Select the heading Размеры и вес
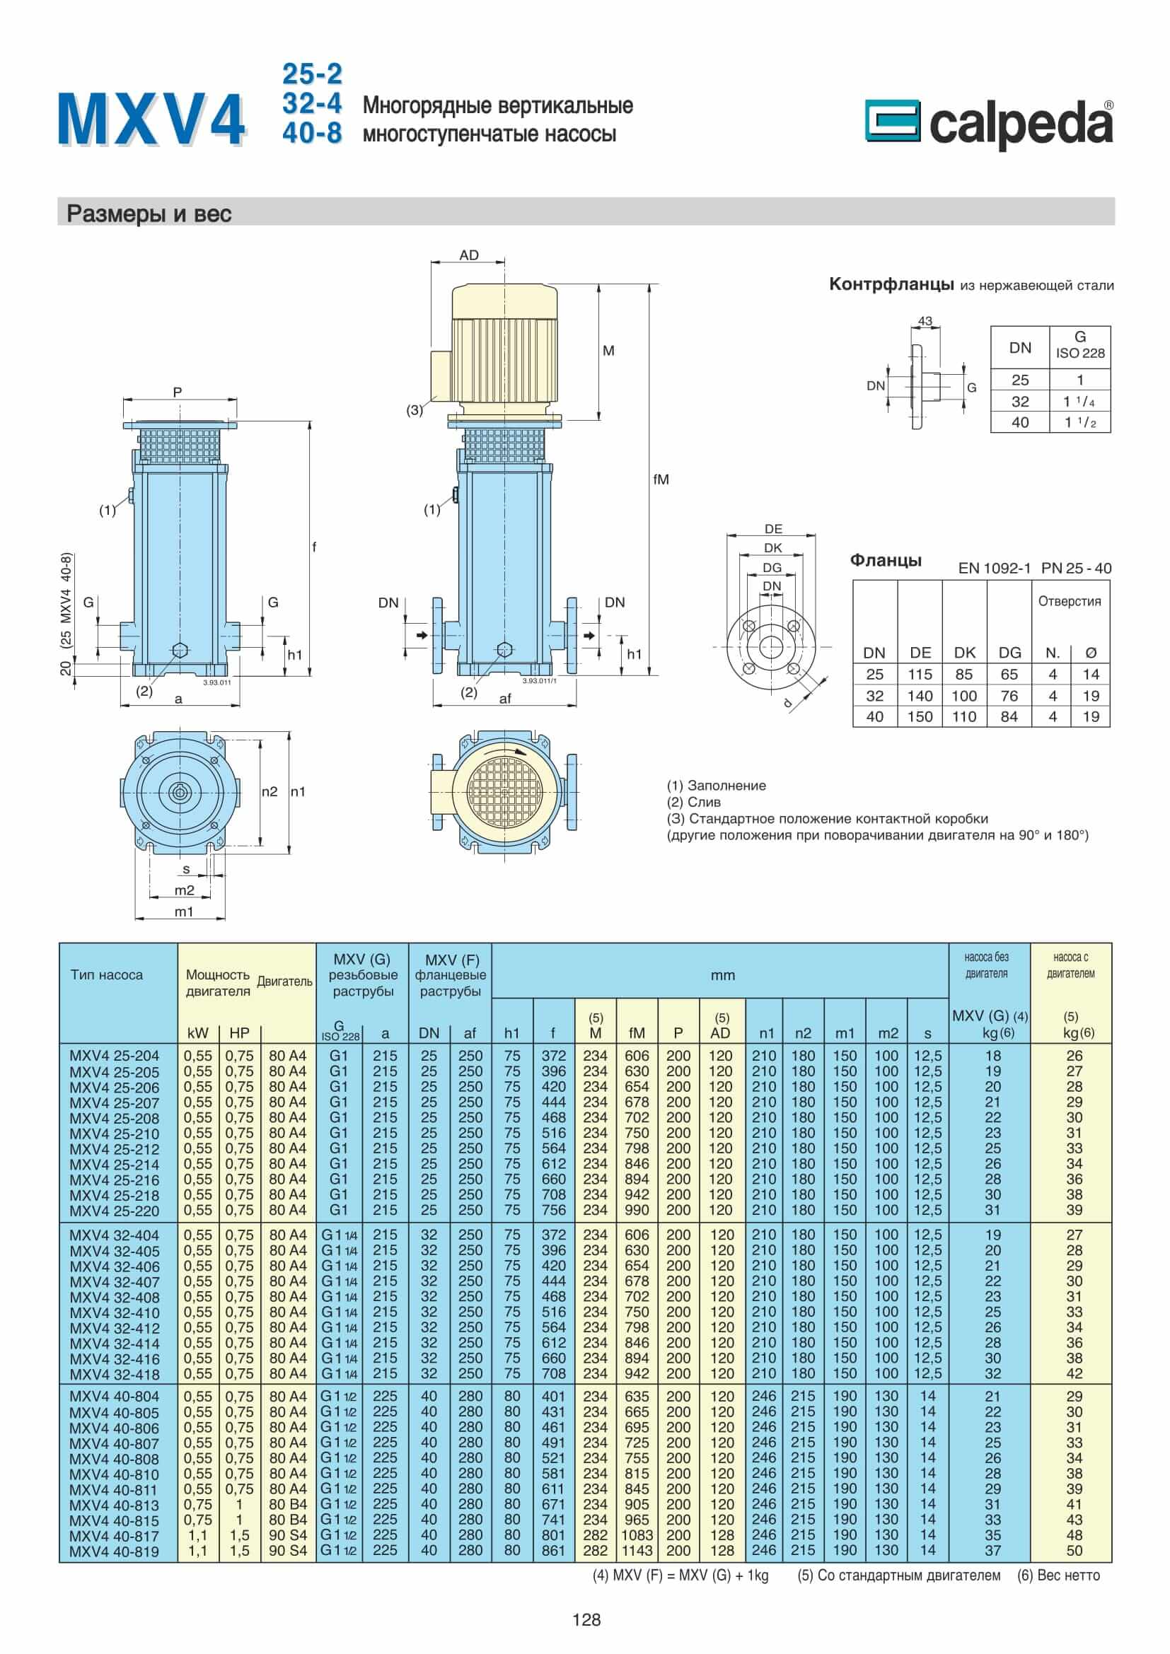(149, 214)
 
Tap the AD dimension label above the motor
(468, 256)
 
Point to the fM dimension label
(661, 479)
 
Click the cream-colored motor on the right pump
(504, 346)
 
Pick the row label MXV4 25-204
(115, 1056)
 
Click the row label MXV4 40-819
(115, 1551)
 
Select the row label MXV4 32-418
(115, 1374)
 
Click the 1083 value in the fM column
(637, 1535)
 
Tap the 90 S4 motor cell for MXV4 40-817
(287, 1535)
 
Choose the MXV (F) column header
(451, 975)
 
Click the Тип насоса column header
(107, 974)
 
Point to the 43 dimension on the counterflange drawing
(925, 321)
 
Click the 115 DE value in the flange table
(920, 675)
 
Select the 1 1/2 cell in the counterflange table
(1080, 422)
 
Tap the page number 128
(586, 1620)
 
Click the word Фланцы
(886, 561)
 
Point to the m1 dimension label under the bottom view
(185, 912)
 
